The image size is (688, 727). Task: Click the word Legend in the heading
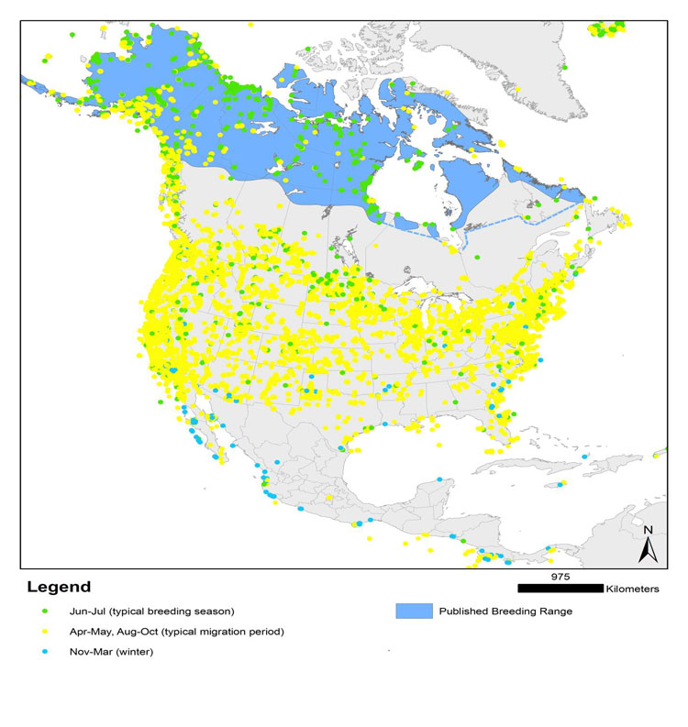[59, 587]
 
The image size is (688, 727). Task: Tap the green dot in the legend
[44, 611]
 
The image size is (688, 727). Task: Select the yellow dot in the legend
[44, 632]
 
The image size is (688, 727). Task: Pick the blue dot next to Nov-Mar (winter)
[44, 652]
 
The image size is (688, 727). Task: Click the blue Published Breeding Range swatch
[411, 611]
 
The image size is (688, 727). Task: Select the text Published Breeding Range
[505, 611]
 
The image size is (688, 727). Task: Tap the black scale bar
[560, 588]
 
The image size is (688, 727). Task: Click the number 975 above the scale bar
[560, 577]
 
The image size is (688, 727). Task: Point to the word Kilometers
[633, 589]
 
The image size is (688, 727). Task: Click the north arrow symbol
[648, 548]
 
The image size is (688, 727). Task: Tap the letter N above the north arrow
[648, 530]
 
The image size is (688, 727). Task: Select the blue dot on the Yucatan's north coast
[441, 479]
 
